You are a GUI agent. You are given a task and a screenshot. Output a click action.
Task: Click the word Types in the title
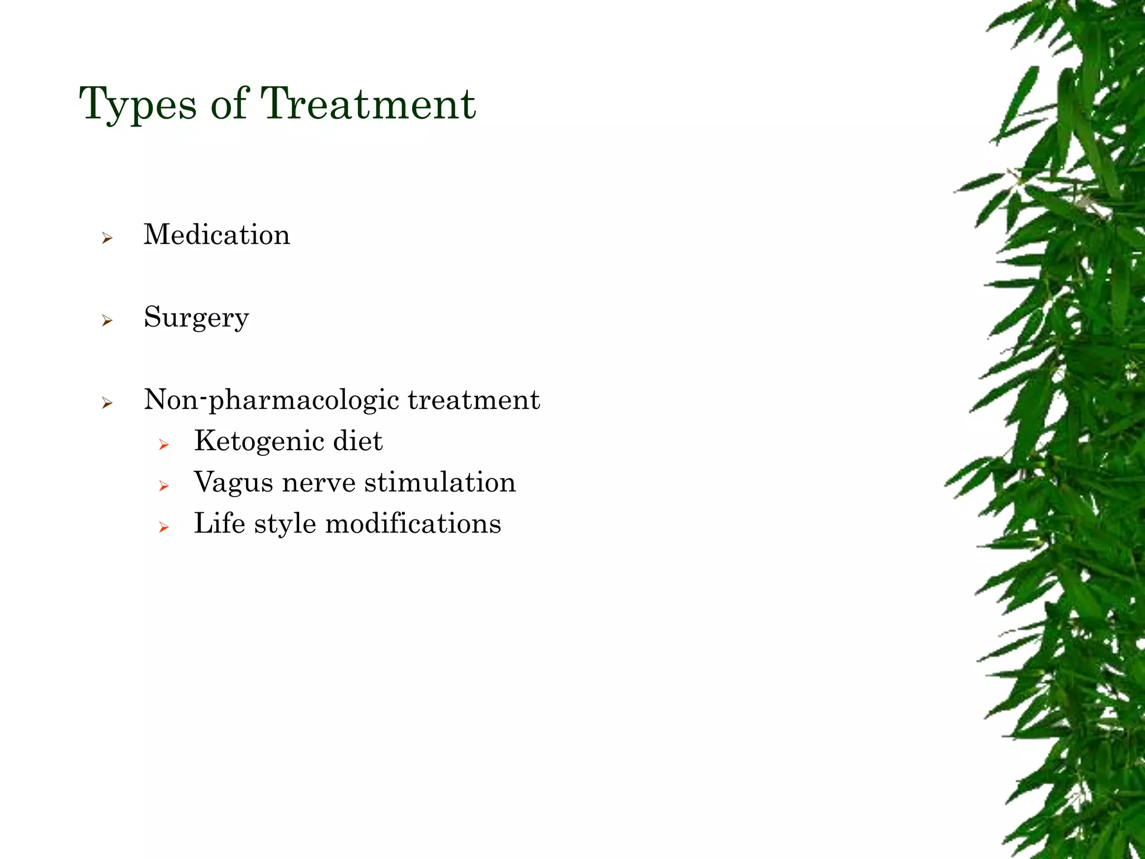pyautogui.click(x=138, y=105)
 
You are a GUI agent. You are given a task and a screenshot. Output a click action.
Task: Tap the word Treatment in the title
pyautogui.click(x=368, y=104)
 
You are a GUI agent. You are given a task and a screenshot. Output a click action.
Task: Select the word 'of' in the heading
pyautogui.click(x=229, y=104)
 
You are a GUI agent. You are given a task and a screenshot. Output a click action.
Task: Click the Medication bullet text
pyautogui.click(x=217, y=234)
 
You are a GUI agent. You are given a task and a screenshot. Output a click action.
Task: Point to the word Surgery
pyautogui.click(x=196, y=318)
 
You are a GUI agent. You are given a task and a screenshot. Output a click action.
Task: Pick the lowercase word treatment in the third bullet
pyautogui.click(x=474, y=400)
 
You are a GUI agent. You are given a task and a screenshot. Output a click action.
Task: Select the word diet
pyautogui.click(x=358, y=441)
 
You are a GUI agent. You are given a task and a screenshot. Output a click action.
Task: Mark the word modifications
pyautogui.click(x=413, y=523)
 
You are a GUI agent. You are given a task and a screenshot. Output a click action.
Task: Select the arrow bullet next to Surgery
pyautogui.click(x=107, y=321)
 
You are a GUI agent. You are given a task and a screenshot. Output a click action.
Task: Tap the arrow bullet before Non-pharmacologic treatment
pyautogui.click(x=107, y=403)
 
